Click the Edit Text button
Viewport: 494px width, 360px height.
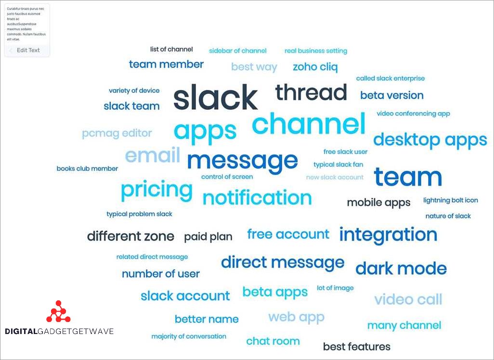point(27,51)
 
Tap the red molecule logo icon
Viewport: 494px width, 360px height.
point(58,311)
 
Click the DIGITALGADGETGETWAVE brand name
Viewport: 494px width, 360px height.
point(59,331)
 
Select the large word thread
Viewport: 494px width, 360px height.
point(311,92)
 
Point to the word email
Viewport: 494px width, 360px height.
point(153,155)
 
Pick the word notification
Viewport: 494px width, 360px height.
point(257,197)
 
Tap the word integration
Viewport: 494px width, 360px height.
point(388,235)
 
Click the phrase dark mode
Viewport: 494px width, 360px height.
point(401,269)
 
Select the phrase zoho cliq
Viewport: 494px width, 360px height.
point(315,67)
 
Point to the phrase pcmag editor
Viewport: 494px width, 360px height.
point(117,133)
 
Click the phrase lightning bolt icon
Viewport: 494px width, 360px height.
point(451,200)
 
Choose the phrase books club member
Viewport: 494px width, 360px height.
point(87,168)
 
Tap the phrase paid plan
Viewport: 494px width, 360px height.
point(208,237)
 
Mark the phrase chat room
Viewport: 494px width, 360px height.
point(273,341)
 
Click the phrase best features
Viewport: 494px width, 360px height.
point(357,347)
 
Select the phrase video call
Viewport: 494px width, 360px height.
point(408,299)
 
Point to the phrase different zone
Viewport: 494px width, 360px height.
point(130,236)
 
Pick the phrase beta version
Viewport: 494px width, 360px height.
point(392,95)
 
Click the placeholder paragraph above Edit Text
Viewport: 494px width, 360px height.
point(26,24)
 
